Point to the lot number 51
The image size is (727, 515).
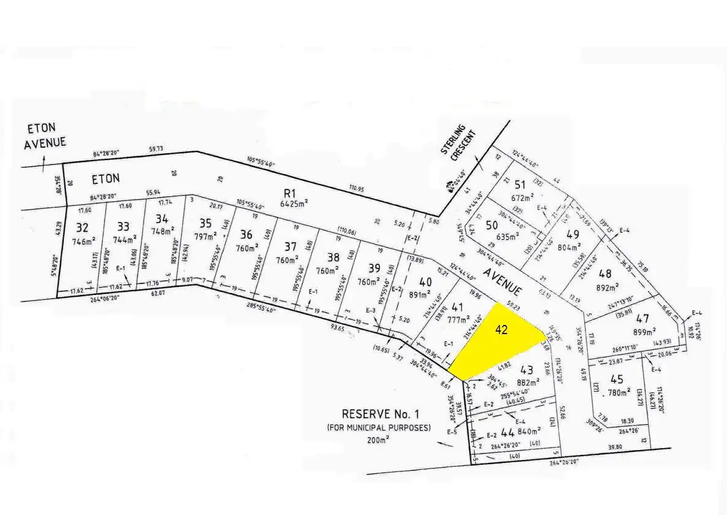[520, 185]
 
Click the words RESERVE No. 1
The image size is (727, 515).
[386, 414]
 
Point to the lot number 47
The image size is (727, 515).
[642, 318]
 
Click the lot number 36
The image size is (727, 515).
[246, 234]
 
